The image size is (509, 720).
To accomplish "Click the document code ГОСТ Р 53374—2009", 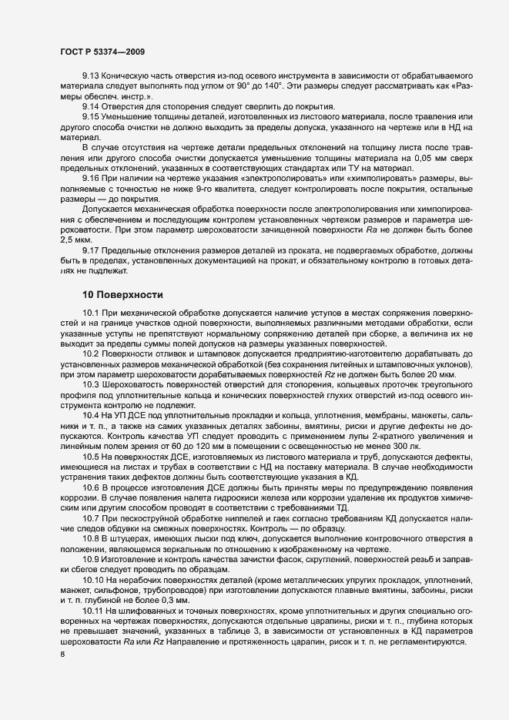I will tap(102, 52).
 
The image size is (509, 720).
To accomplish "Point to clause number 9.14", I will tap(91, 105).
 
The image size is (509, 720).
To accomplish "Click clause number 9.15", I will tap(91, 116).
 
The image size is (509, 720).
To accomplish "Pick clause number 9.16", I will tap(91, 179).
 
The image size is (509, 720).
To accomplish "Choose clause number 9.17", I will tap(91, 251).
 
